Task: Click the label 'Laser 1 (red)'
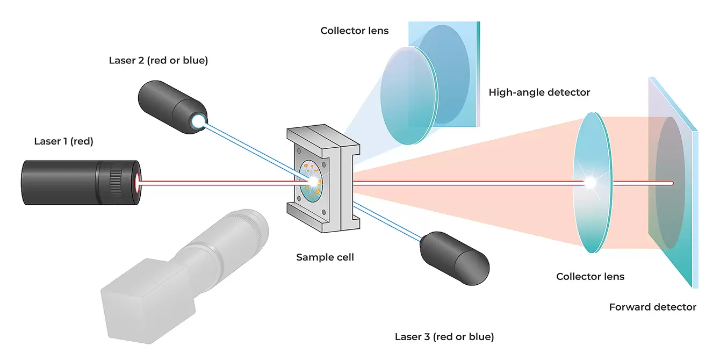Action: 63,142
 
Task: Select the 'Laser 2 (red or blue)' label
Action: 158,60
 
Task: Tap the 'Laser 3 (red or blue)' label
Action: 444,337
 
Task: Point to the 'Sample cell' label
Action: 325,257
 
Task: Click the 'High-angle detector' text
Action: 539,92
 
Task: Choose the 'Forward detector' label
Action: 652,307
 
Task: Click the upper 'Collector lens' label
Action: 354,31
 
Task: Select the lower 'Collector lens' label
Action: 590,277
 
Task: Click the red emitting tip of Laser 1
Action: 139,182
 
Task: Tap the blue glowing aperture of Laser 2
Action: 199,123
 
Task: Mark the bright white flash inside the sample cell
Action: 311,182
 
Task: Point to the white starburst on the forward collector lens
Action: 590,183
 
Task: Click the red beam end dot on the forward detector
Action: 672,183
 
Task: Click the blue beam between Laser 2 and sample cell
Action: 253,150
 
